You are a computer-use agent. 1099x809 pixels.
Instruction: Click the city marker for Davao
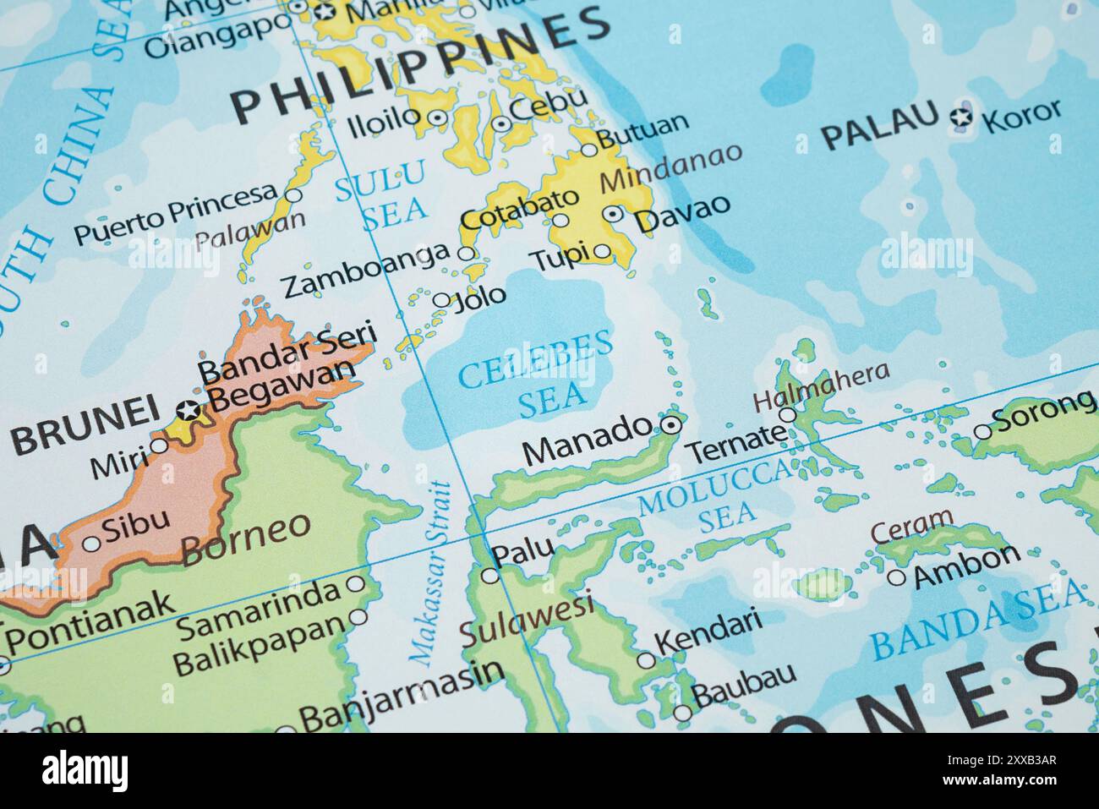tap(614, 215)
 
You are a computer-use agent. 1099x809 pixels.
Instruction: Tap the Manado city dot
tap(670, 424)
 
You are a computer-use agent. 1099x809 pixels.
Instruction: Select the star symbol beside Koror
tap(960, 118)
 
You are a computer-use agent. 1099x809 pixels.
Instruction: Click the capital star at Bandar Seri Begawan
tap(189, 411)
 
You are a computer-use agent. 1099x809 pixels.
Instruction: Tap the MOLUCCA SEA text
tap(715, 499)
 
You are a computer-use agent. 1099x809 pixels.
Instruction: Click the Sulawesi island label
tap(525, 620)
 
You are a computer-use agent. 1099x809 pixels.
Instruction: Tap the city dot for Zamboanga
tap(466, 253)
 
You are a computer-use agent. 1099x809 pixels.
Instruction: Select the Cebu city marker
tap(501, 123)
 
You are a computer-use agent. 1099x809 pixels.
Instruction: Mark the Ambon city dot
tap(896, 578)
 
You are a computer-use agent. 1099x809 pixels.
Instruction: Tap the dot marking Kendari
tap(646, 660)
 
